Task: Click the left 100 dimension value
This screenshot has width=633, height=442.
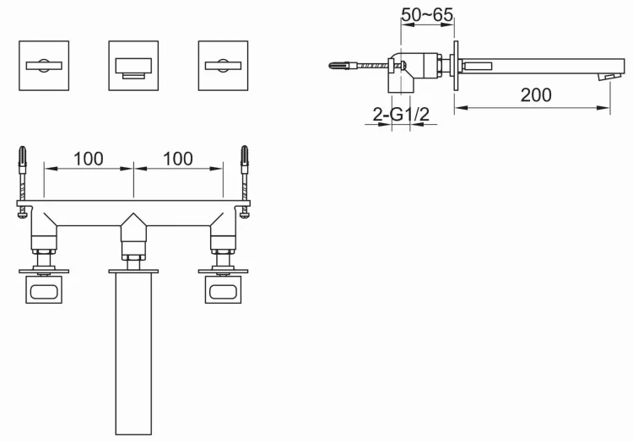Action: coord(89,158)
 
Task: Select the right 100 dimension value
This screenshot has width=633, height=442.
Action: coord(177,158)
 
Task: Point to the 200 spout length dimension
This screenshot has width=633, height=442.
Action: coord(536,95)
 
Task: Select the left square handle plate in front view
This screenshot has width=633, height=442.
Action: coord(43,65)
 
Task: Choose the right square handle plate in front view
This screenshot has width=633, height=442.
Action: coord(224,65)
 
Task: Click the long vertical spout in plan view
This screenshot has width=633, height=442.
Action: coord(133,354)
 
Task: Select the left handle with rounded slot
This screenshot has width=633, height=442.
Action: coord(43,292)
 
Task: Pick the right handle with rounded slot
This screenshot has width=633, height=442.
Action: coord(224,292)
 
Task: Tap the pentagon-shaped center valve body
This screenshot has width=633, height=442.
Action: coord(133,227)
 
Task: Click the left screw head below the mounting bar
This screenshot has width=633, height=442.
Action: coord(22,214)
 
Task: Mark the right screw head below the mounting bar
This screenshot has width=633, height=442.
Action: coord(245,214)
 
